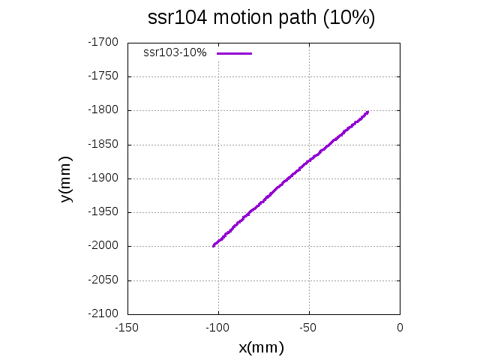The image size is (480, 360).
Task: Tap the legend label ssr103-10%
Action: pos(175,53)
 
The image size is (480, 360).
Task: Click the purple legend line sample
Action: pos(235,53)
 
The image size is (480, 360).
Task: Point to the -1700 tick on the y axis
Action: pos(104,42)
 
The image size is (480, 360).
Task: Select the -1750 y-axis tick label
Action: pos(104,76)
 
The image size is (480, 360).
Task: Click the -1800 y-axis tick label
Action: pos(104,110)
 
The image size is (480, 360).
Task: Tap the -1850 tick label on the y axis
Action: pos(104,144)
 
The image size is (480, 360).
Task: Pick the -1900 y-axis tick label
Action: pos(104,178)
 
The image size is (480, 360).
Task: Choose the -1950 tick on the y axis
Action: pos(104,212)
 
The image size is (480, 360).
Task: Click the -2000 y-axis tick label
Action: pos(104,246)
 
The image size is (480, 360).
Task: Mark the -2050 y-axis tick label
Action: pos(104,280)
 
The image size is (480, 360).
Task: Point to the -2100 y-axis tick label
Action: pos(104,314)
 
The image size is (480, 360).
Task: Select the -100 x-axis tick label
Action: pos(217,328)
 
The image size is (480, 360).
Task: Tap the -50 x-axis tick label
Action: pos(309,328)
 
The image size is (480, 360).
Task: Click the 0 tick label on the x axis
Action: pos(400,328)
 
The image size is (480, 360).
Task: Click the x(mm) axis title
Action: pos(261,348)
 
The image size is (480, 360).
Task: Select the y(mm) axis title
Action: pos(67,178)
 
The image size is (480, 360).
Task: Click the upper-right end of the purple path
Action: pos(367,112)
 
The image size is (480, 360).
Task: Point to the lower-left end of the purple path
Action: pos(214,245)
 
